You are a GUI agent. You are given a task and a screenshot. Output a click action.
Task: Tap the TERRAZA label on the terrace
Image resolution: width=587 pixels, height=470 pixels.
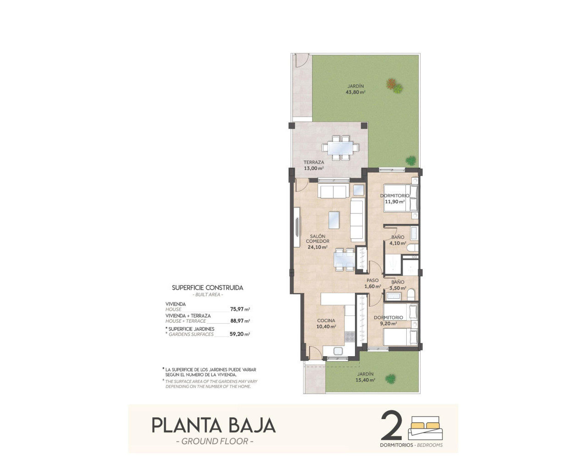tap(314, 162)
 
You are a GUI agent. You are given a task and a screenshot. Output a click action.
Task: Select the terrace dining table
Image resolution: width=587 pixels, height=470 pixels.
tap(340, 148)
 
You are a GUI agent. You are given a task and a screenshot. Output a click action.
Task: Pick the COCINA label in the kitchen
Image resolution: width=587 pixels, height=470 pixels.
tap(326, 321)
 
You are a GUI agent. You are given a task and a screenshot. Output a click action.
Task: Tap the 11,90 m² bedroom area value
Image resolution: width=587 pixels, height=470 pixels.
tap(394, 201)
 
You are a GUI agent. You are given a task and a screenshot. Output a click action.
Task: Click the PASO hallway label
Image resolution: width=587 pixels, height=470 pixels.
tap(372, 280)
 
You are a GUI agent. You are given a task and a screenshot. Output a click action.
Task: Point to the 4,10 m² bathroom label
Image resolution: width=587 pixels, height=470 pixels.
tap(397, 243)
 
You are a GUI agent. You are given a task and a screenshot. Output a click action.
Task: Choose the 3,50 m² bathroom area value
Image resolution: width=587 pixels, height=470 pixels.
tap(397, 288)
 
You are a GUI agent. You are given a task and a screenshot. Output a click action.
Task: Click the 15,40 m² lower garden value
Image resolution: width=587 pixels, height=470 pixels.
tap(366, 380)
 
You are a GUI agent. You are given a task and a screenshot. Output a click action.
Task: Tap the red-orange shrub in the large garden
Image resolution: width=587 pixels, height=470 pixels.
tap(391, 84)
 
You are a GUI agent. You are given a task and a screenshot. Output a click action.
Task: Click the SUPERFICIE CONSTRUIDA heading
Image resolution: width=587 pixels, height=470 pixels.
tap(207, 288)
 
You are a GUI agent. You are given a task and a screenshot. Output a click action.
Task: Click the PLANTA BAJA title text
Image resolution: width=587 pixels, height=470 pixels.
tap(214, 425)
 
